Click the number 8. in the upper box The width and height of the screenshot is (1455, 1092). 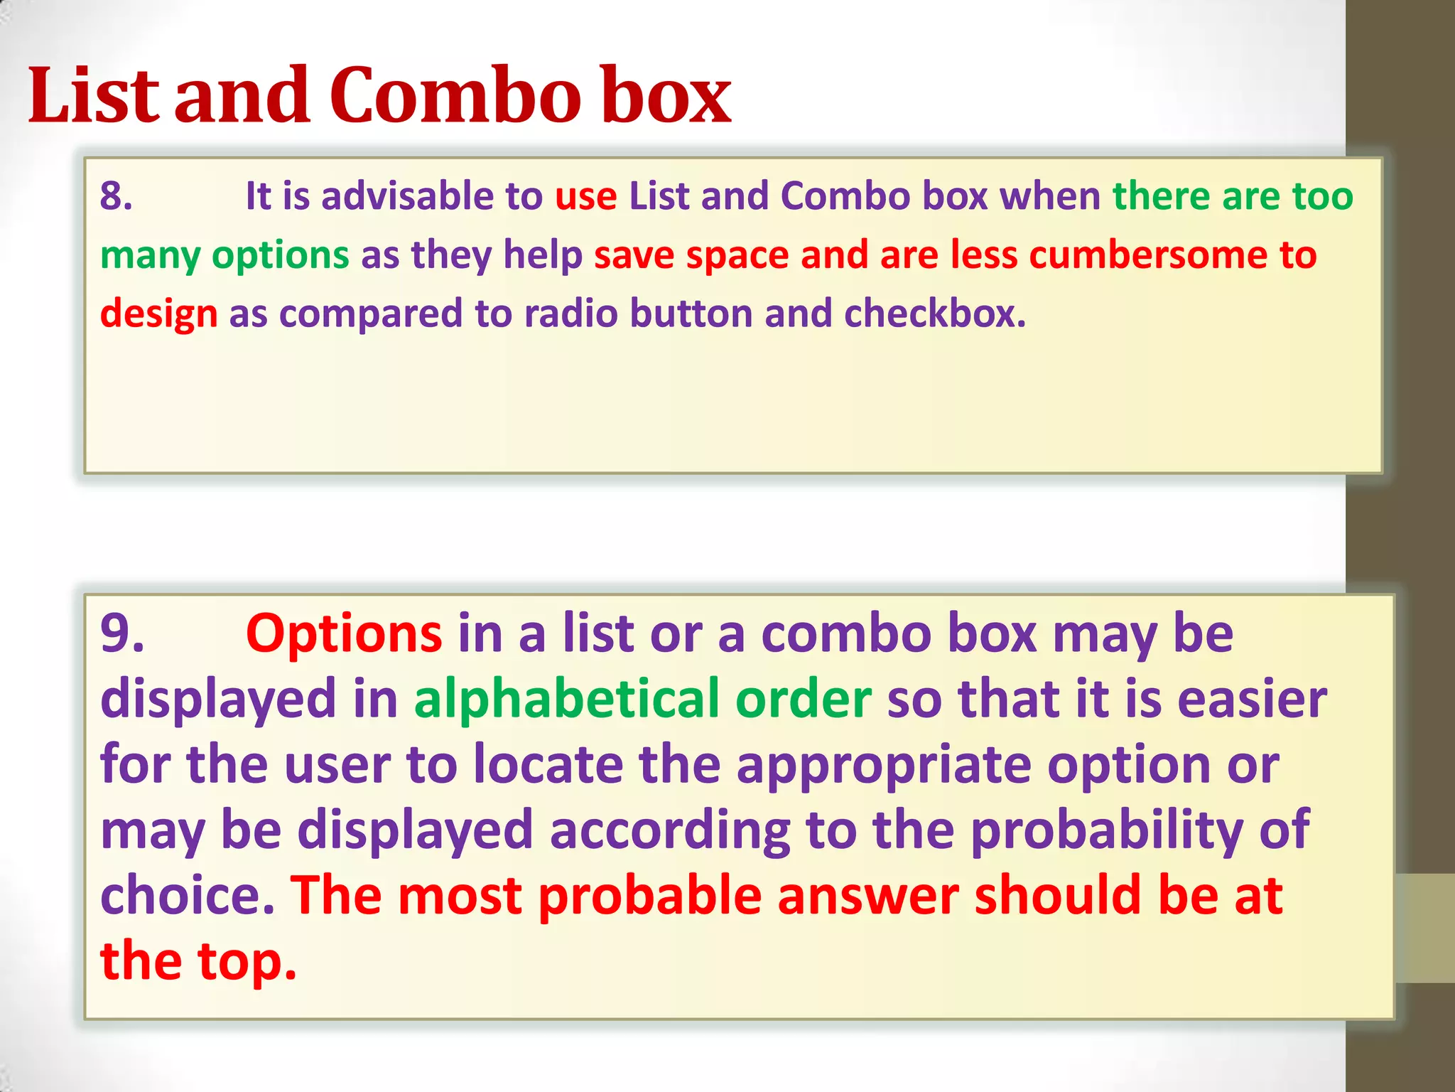pos(117,196)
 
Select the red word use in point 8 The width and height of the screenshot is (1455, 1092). pos(585,197)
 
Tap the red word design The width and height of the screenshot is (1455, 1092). pos(158,315)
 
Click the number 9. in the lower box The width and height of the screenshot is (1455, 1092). pos(122,633)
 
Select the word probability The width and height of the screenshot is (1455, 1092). pos(1107,830)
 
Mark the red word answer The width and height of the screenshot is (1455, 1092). pos(867,896)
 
